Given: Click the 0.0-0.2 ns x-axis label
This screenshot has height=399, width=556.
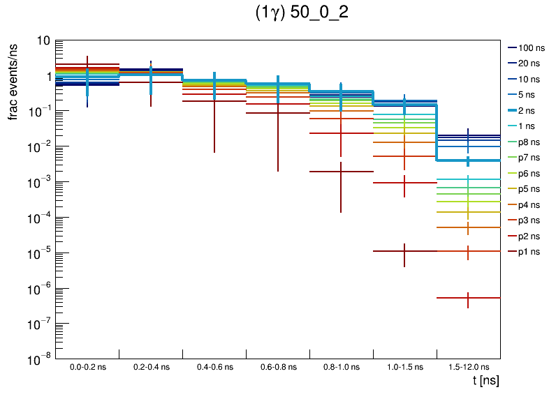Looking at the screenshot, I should pos(87,366).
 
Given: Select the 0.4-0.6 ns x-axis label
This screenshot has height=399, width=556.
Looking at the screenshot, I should pos(214,366).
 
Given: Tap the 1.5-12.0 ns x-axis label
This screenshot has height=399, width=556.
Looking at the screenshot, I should pos(468,366).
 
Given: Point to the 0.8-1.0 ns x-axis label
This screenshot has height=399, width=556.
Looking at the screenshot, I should pos(341,366).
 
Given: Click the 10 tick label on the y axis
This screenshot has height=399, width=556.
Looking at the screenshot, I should pos(43,40).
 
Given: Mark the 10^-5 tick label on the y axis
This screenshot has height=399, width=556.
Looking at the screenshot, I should pos(39,253).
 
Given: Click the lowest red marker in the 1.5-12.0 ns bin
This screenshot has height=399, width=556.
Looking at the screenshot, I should pos(468,299).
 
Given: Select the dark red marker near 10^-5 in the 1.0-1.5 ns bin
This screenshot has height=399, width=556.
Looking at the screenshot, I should pos(404,251).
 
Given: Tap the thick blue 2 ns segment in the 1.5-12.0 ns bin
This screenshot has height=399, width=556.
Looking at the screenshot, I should pos(468,160).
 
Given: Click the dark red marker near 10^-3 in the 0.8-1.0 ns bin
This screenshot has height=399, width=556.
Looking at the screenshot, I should pos(341,172).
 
